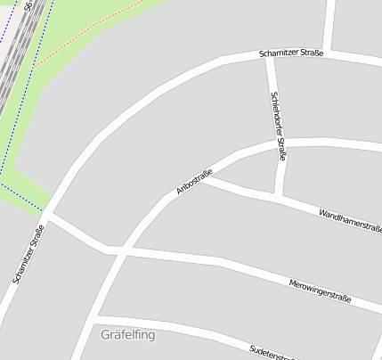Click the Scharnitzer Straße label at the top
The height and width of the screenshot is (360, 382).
[291, 53]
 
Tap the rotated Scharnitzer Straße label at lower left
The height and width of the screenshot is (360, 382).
[28, 253]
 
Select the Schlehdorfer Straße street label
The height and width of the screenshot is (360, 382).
[279, 126]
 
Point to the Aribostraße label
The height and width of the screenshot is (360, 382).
[194, 180]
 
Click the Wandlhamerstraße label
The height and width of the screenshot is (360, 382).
[349, 220]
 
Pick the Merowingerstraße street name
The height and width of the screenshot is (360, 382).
[321, 289]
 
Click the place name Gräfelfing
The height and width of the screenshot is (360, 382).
[128, 335]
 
